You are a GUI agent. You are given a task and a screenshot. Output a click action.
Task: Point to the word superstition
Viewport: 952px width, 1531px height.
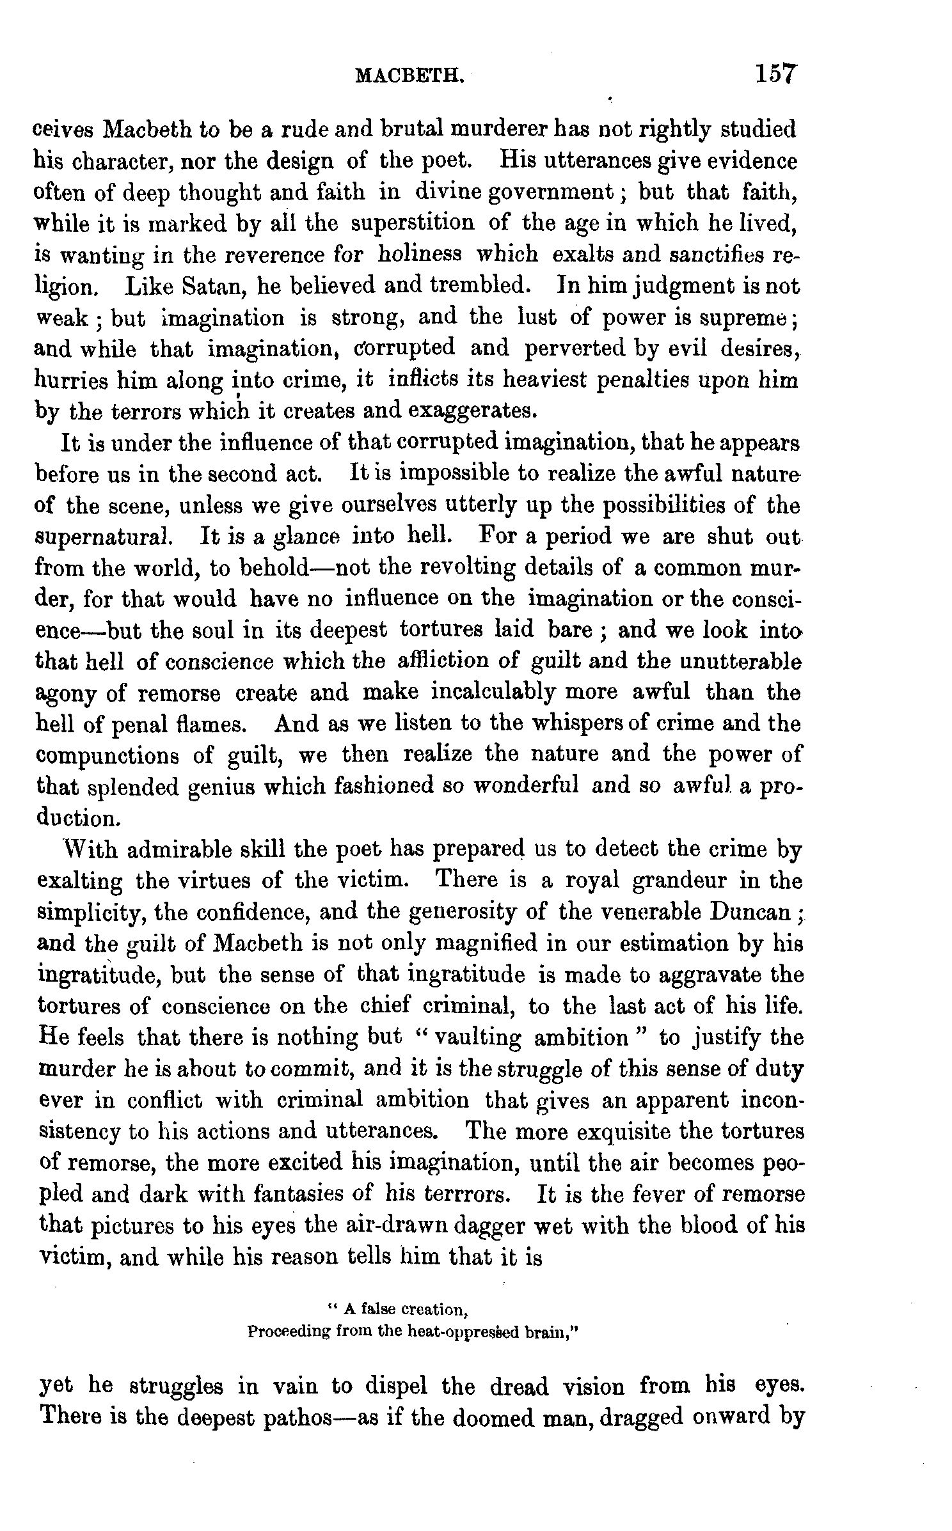[413, 223]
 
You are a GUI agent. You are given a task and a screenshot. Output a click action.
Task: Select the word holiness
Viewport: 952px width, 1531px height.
[419, 254]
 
